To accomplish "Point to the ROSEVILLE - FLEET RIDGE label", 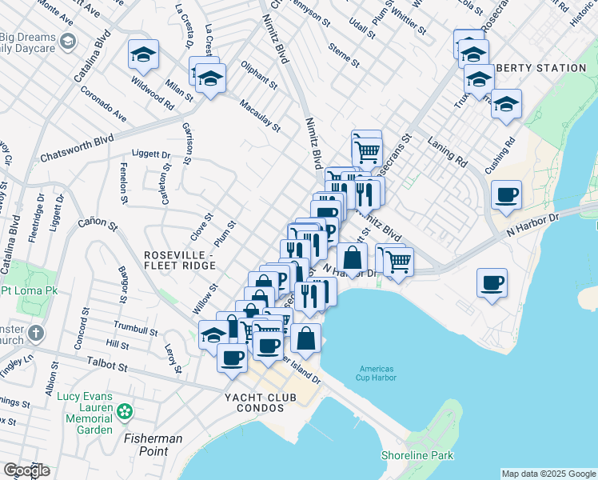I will pyautogui.click(x=178, y=260).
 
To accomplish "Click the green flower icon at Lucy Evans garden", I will pyautogui.click(x=124, y=412).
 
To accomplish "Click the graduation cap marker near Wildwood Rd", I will pyautogui.click(x=143, y=54).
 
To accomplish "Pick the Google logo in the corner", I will pyautogui.click(x=26, y=470).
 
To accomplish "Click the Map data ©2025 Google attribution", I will pyautogui.click(x=548, y=474).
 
